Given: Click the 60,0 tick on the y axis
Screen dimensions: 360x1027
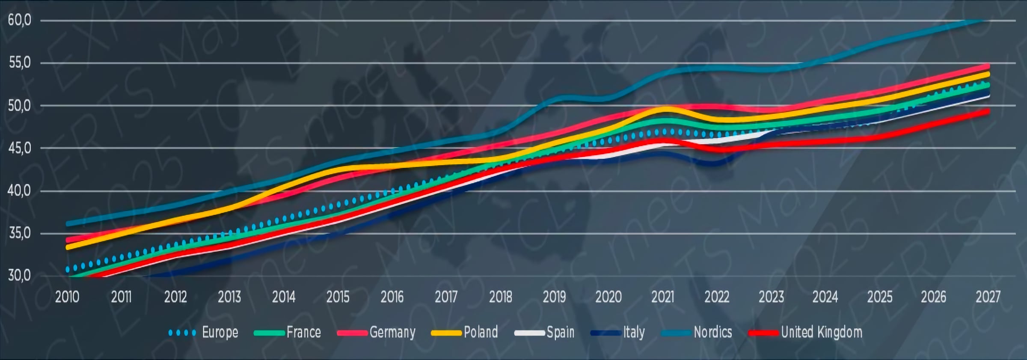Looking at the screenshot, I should click(19, 20).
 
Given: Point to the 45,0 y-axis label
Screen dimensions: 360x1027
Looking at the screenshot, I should click(19, 148).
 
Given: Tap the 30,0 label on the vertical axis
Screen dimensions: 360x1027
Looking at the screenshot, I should click(19, 276).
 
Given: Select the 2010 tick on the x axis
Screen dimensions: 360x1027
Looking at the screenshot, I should click(67, 297).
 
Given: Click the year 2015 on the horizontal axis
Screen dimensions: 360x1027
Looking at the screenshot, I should click(338, 297).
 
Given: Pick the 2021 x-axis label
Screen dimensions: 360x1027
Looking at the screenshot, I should click(662, 297).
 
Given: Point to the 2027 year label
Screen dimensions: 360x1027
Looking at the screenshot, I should click(988, 297).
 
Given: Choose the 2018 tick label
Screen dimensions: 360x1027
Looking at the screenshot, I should click(500, 297).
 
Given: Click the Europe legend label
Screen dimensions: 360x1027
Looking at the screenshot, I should click(220, 332).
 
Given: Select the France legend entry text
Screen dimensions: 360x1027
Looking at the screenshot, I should click(303, 332).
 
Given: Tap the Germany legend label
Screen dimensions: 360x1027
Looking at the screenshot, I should click(392, 333).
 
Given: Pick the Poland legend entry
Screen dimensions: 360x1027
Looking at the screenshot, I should click(481, 332).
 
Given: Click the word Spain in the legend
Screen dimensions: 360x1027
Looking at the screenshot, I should click(560, 332).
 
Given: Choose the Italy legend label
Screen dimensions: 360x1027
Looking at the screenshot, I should click(634, 332).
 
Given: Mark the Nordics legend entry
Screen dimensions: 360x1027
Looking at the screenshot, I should click(712, 332).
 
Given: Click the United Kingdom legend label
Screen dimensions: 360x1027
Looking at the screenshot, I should click(822, 332).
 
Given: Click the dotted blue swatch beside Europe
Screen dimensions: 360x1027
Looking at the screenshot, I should click(182, 333).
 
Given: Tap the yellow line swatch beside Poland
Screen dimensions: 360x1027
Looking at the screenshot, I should click(446, 333).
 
